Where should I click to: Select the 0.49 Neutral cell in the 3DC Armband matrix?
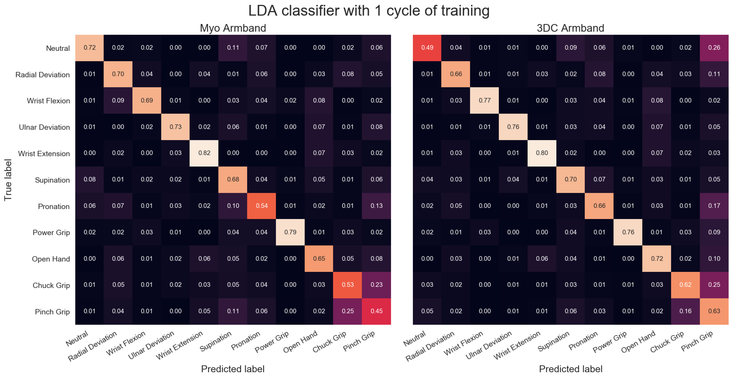click(x=427, y=48)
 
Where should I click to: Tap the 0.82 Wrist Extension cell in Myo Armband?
click(x=204, y=153)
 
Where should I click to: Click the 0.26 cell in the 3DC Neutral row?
click(x=714, y=48)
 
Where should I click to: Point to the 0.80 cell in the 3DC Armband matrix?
click(x=542, y=153)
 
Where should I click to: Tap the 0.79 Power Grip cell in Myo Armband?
click(x=290, y=232)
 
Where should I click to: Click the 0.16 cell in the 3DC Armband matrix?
click(x=685, y=311)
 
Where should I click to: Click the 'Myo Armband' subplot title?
click(x=233, y=28)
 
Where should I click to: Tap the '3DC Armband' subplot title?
click(x=570, y=28)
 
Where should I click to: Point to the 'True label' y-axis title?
click(x=8, y=180)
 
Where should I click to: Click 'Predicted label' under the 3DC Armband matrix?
click(x=571, y=369)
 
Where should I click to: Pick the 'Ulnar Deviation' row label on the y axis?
click(x=44, y=127)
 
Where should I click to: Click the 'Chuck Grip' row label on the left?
click(x=51, y=285)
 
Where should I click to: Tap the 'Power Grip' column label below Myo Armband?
click(x=272, y=342)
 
